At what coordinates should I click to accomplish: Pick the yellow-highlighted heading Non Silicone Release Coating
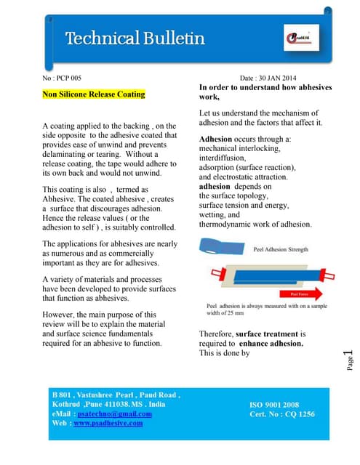[94, 94]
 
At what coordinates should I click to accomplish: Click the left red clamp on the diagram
[217, 275]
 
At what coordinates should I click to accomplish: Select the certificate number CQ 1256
[299, 413]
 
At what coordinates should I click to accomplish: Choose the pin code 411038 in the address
[111, 404]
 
